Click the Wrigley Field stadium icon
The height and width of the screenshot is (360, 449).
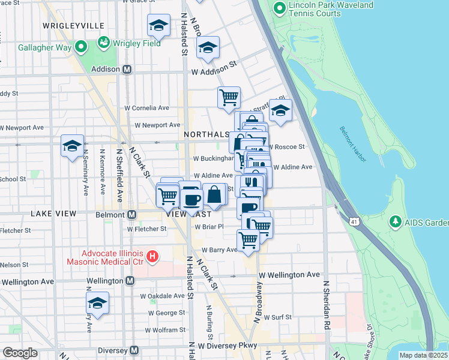[104, 43]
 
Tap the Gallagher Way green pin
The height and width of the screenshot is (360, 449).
[80, 47]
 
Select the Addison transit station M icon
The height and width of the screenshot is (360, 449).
[127, 69]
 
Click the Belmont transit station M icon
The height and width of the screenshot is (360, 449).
[130, 214]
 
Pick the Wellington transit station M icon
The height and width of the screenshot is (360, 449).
[130, 281]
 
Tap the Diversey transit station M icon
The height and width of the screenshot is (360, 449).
[134, 350]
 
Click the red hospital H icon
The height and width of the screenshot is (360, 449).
[152, 257]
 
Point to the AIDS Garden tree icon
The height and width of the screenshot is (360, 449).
[396, 223]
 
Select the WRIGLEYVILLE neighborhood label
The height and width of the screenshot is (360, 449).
[74, 26]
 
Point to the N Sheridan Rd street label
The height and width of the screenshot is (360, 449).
[327, 305]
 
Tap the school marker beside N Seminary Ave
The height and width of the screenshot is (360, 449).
[72, 146]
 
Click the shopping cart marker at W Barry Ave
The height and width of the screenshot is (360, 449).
[248, 240]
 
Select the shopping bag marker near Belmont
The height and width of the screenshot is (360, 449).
[214, 195]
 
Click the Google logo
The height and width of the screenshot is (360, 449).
[20, 352]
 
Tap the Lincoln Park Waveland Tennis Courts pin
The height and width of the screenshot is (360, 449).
[279, 8]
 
